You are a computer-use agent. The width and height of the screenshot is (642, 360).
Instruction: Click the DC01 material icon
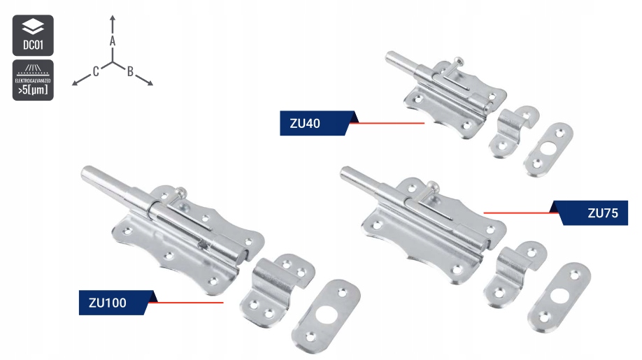tap(32, 35)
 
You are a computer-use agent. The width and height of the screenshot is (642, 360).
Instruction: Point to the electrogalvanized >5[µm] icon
tap(32, 80)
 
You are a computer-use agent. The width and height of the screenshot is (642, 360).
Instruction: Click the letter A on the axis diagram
tap(113, 42)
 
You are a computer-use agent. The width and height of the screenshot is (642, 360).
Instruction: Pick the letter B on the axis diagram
tap(131, 70)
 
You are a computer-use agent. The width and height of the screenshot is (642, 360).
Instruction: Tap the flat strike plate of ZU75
tap(559, 295)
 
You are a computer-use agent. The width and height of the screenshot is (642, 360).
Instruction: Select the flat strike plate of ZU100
tap(325, 318)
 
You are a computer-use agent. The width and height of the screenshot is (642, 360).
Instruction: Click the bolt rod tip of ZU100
tap(87, 173)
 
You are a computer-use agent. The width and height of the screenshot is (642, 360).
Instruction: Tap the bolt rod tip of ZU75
tap(344, 172)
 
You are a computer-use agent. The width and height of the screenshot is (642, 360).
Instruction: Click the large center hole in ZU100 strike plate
tap(324, 318)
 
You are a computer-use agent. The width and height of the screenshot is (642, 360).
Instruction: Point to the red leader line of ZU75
tap(518, 212)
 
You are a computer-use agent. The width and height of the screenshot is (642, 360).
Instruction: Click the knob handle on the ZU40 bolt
tap(457, 62)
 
